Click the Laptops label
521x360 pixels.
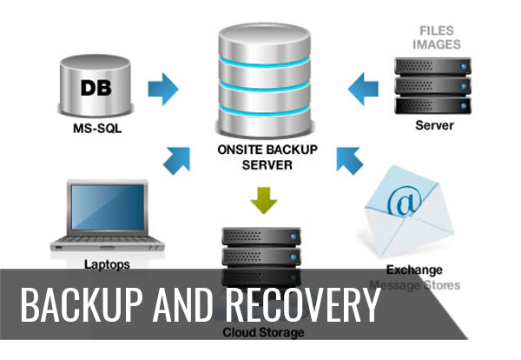108,263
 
